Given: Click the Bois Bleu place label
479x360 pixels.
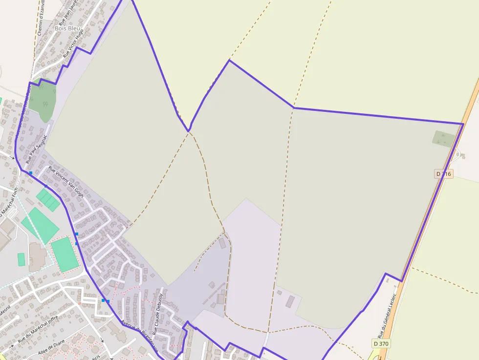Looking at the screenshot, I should click(x=67, y=28).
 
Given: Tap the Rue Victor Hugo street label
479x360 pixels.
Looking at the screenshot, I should click(x=73, y=43).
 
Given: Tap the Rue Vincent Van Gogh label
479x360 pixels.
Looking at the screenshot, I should click(x=66, y=182).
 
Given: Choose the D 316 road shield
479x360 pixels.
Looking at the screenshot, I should click(x=444, y=174).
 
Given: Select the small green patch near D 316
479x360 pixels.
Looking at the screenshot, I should click(x=444, y=139).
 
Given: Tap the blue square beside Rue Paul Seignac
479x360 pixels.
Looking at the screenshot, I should click(x=31, y=173).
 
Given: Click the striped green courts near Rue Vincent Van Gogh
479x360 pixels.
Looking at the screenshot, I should click(x=47, y=200).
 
